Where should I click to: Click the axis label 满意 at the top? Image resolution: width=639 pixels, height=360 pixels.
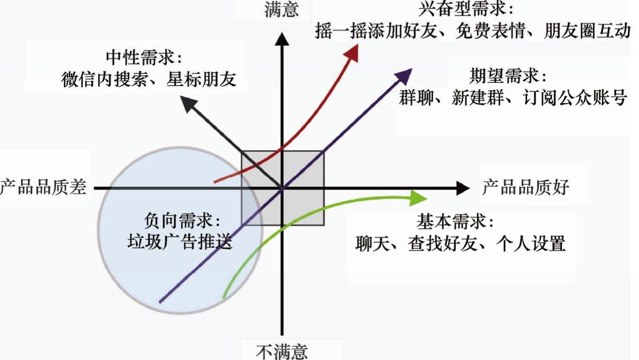pos(281,10)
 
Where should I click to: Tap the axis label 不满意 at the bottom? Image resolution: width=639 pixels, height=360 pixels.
pos(281,351)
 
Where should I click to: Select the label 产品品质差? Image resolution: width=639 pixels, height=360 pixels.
pos(43,187)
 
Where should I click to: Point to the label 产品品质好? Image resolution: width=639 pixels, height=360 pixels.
pos(526,187)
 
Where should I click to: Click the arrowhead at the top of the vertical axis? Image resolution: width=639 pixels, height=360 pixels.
pos(282,38)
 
